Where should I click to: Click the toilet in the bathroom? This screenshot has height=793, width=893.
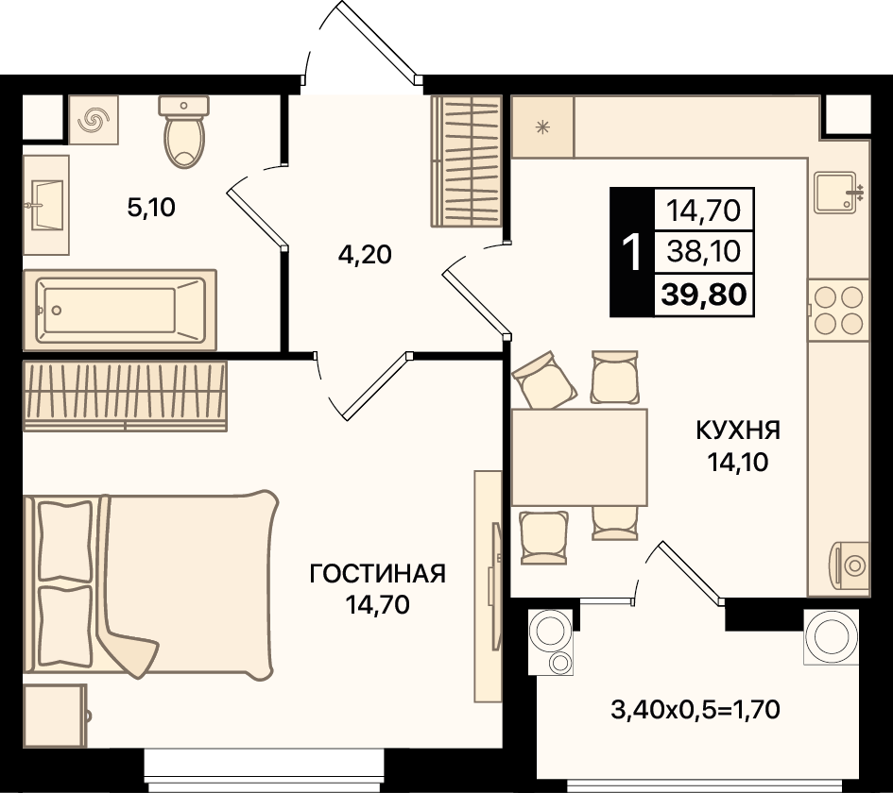tap(183, 131)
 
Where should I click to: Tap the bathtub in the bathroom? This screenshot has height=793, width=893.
tap(120, 310)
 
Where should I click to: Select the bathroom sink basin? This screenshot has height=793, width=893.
tap(46, 205)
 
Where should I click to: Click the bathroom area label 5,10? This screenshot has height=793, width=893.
tap(151, 208)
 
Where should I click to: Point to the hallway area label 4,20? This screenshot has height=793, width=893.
tap(365, 255)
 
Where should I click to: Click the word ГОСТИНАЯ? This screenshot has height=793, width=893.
tap(378, 574)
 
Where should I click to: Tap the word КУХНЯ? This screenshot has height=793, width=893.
tap(738, 430)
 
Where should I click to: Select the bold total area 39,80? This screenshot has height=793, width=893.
tap(704, 295)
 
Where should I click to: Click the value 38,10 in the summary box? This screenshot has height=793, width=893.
tap(704, 251)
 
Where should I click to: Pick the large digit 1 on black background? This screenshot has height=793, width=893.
tap(631, 253)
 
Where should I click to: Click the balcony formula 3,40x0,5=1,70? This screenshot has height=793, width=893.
tap(696, 709)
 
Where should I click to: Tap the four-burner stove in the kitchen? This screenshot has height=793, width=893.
tap(838, 311)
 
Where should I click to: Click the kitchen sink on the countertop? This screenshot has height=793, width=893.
tap(836, 193)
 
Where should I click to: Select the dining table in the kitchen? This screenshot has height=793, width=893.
tap(579, 457)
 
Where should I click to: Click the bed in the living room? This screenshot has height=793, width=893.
tap(149, 584)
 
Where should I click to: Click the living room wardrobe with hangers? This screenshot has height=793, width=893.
tap(125, 396)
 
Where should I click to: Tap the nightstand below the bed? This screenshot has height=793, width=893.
tap(55, 716)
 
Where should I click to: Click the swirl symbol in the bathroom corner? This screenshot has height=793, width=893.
tap(94, 120)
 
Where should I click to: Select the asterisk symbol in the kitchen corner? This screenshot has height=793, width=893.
tap(542, 127)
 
